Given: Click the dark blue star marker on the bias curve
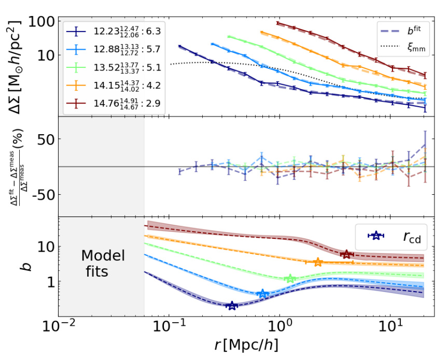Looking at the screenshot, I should click(x=232, y=306).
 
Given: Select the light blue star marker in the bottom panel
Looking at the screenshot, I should click(x=263, y=294).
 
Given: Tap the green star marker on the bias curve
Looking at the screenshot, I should click(x=290, y=279).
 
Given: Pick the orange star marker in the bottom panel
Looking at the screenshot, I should click(x=318, y=262).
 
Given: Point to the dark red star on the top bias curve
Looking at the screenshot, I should click(x=346, y=254).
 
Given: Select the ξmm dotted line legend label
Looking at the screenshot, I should click(x=413, y=47).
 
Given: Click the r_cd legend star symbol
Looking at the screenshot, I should click(x=374, y=236).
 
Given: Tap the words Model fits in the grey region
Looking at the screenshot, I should click(x=102, y=263).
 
